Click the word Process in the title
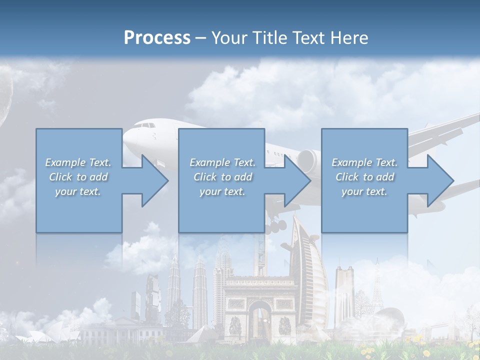click(157, 38)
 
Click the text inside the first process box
click(78, 177)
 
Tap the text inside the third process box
click(364, 177)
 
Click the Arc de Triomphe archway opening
click(259, 320)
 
